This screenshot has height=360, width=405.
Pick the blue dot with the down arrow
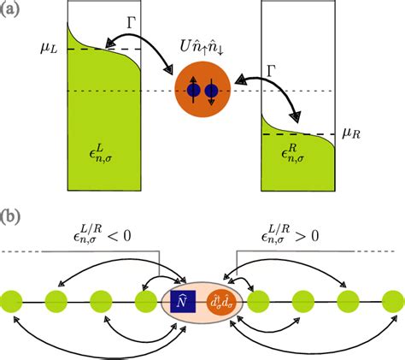(212, 91)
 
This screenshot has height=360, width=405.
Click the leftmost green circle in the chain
(12, 301)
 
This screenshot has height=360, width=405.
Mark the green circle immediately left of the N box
(145, 301)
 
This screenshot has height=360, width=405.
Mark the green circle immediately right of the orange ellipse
(259, 301)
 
